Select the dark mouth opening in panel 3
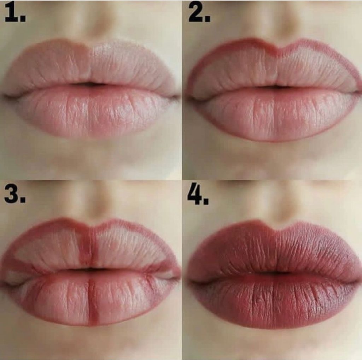click(91, 270)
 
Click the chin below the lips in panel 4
click(275, 344)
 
